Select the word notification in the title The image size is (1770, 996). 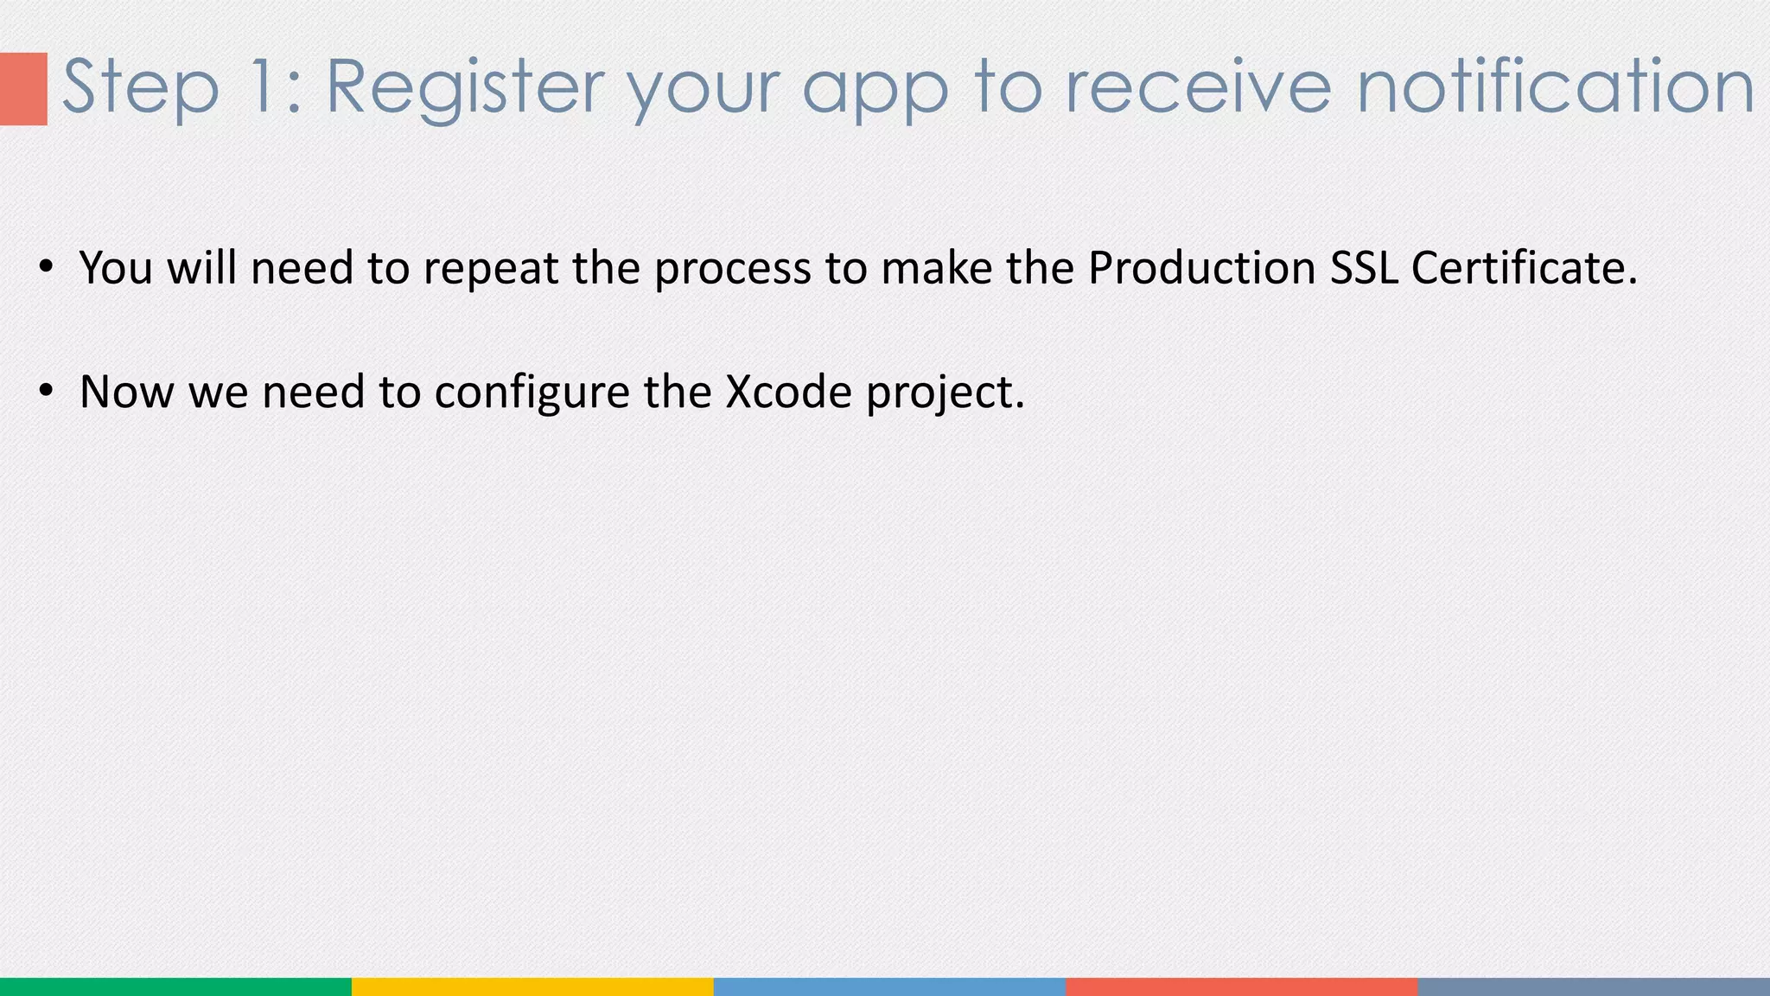coord(1556,86)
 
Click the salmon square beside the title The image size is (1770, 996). coord(23,88)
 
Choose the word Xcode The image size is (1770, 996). coord(788,392)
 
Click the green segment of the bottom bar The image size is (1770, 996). coord(175,986)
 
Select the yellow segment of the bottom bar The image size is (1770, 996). coord(532,986)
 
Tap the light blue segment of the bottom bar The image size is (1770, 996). coord(889,986)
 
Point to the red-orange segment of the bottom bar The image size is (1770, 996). coord(1242,986)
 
